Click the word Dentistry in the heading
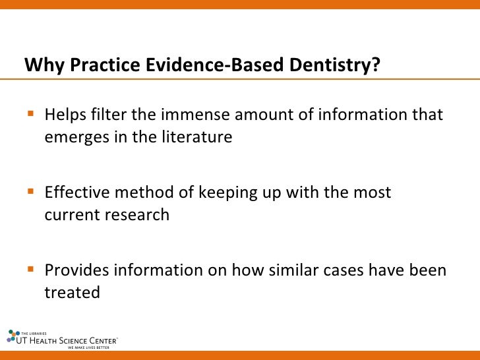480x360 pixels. pos(334,66)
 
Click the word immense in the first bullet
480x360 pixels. pos(193,115)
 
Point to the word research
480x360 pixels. pos(139,215)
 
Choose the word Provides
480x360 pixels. pos(76,270)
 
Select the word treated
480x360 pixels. pos(72,292)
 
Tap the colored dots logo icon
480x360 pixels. pos(13,336)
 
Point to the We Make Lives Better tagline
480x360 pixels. pos(88,347)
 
